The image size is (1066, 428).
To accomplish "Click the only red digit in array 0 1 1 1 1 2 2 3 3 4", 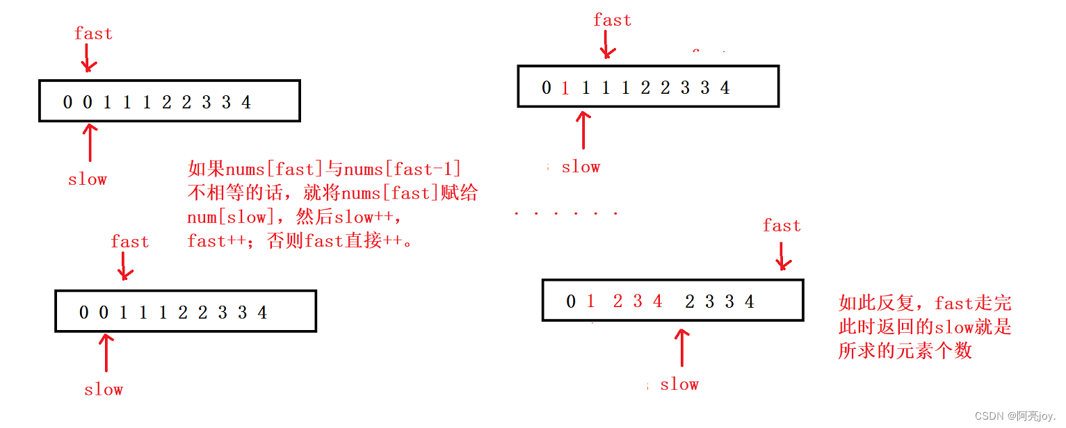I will [x=565, y=88].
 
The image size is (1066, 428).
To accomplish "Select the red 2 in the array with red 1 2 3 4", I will [x=617, y=302].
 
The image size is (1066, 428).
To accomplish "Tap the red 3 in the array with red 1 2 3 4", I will [x=638, y=302].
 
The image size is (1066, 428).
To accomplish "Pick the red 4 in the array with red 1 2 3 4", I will [x=657, y=302].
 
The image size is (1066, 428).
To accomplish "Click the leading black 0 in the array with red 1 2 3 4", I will [x=571, y=302].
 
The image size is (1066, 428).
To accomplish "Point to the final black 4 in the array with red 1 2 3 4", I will [x=749, y=302].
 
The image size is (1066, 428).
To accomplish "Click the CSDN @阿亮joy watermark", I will [x=1017, y=415].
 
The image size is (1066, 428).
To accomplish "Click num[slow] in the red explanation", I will [x=227, y=217].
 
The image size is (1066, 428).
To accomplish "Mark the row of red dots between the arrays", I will [x=565, y=213].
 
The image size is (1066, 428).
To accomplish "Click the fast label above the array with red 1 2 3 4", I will [x=782, y=226].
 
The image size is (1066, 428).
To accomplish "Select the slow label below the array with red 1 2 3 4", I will [x=679, y=384].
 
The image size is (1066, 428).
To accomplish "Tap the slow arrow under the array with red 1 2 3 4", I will [x=683, y=347].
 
